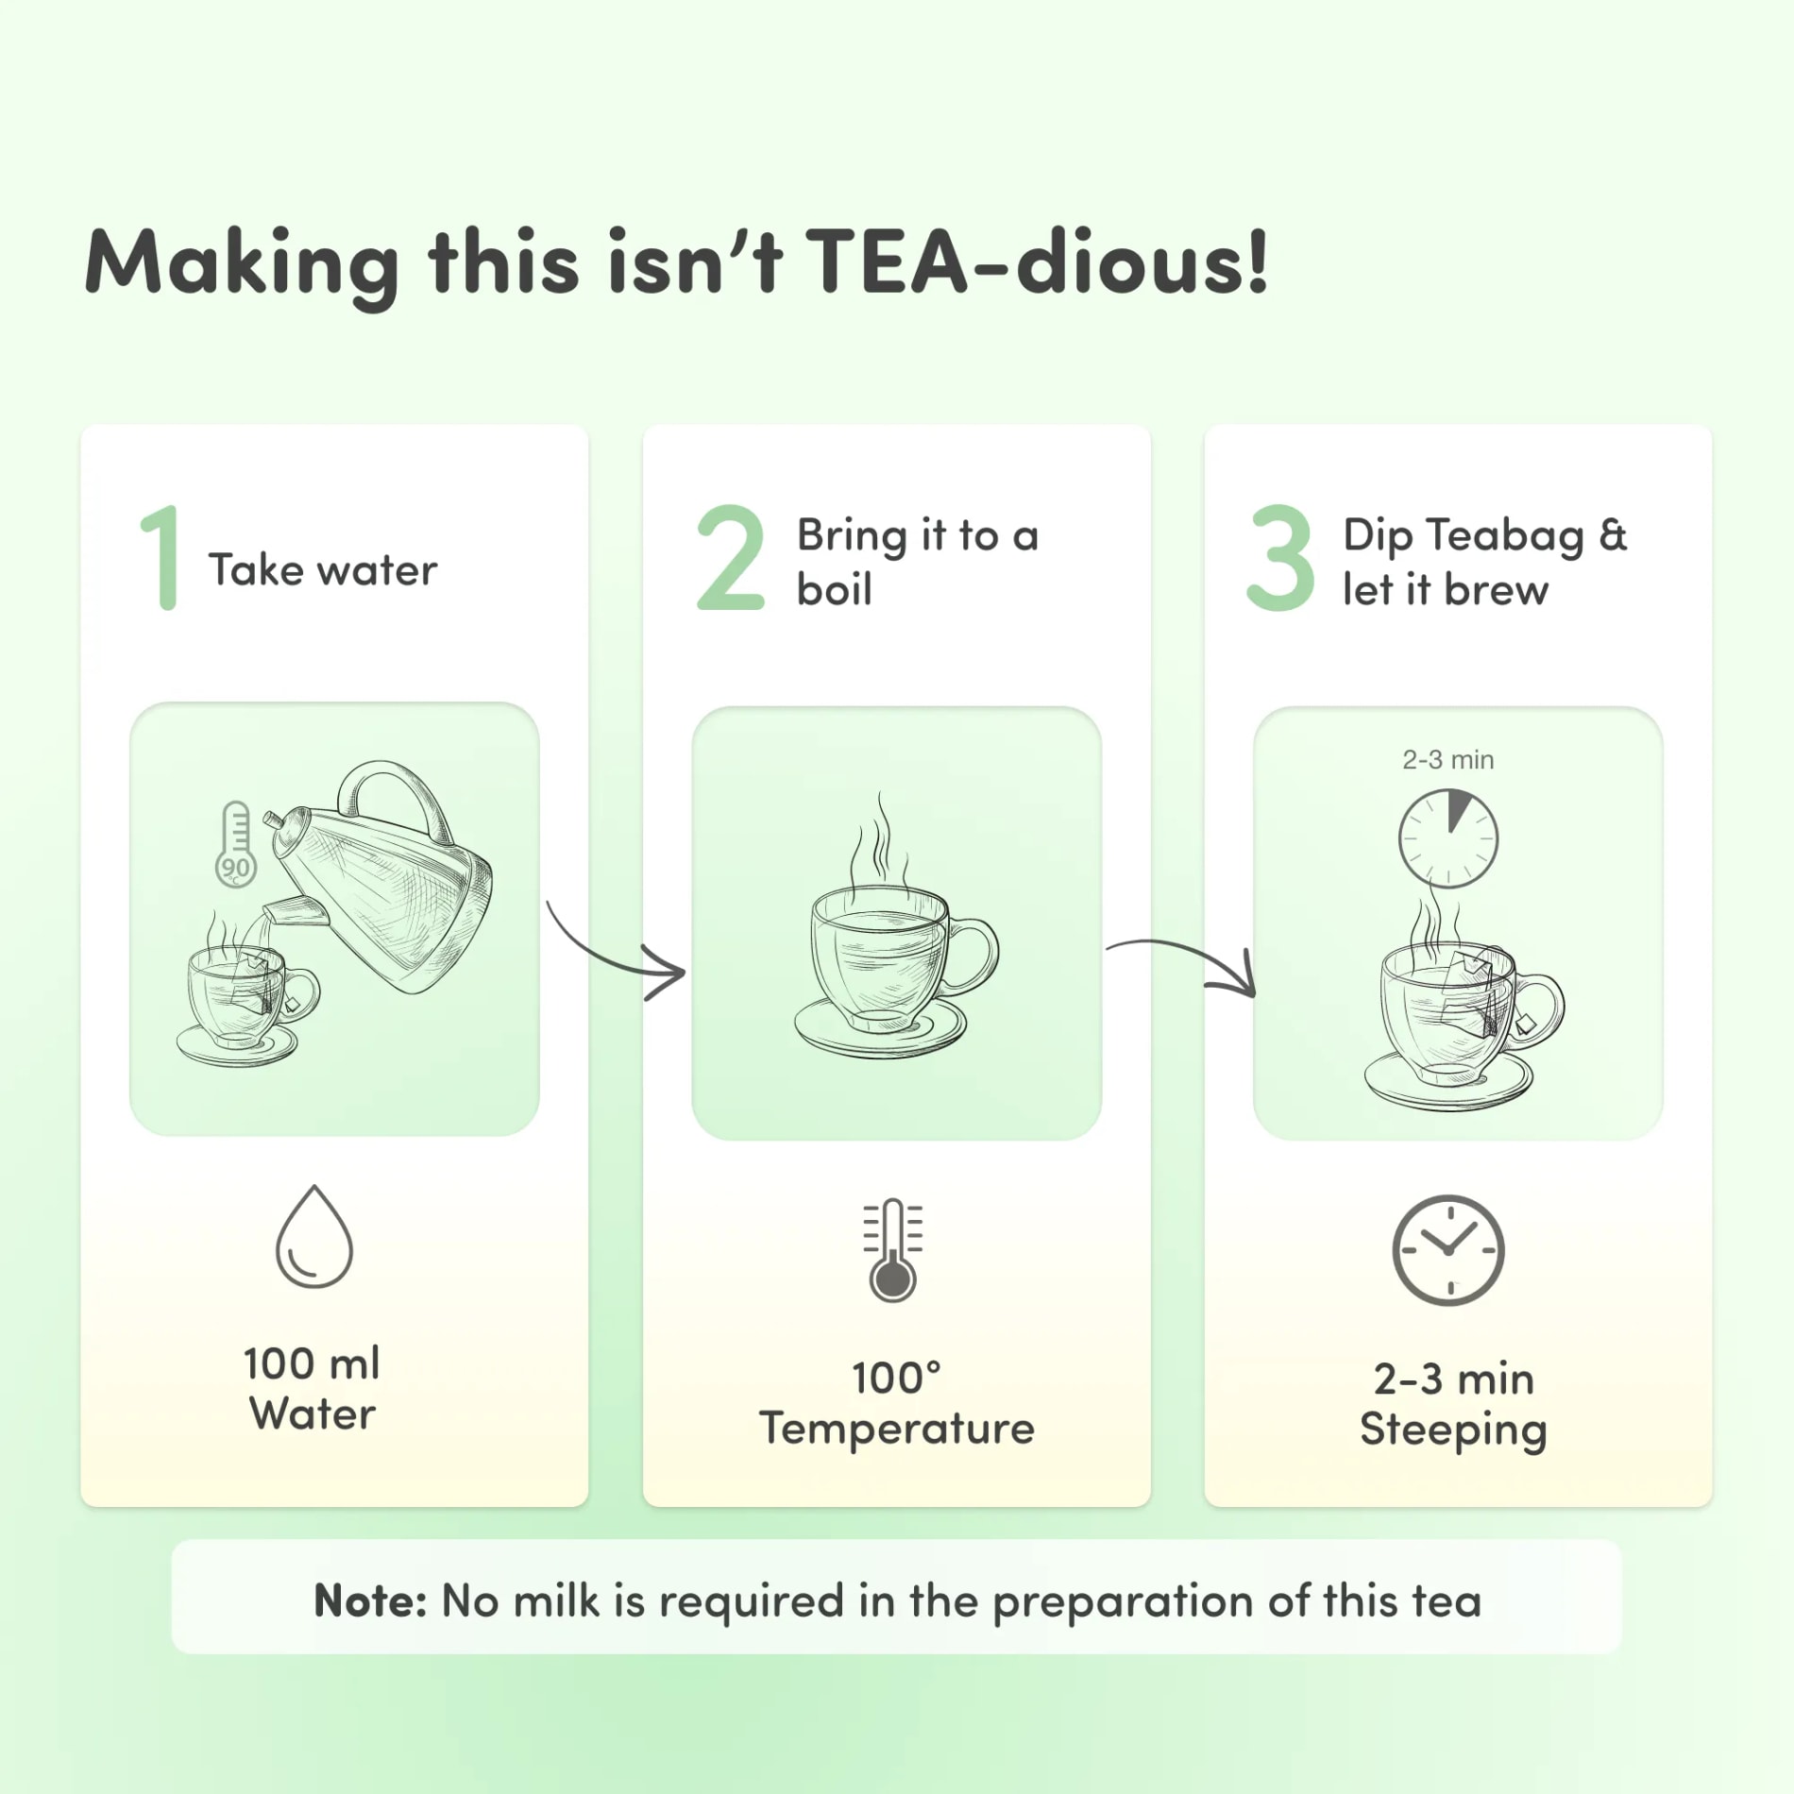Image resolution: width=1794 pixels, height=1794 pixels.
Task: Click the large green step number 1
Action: (161, 557)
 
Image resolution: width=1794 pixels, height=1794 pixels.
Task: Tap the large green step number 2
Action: (730, 557)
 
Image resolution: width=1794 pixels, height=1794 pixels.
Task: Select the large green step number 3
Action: (1280, 557)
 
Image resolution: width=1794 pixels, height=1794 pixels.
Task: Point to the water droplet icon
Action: (314, 1236)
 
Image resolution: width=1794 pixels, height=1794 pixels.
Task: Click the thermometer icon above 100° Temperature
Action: (892, 1250)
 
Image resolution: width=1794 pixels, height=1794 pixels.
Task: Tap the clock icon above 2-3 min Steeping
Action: (1447, 1250)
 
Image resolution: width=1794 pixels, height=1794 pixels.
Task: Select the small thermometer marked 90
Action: (235, 845)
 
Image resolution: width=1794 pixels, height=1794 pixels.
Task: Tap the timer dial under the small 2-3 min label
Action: (1447, 838)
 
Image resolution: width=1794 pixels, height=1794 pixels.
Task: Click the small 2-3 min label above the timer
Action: (1447, 759)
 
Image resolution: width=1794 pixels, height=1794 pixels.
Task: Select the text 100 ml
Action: (312, 1363)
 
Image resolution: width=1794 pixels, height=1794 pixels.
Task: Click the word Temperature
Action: (897, 1428)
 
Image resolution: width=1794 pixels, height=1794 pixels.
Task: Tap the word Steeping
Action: (1453, 1430)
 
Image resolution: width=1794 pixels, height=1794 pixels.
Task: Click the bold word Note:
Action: (370, 1601)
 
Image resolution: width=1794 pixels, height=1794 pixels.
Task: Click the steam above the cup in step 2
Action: (880, 840)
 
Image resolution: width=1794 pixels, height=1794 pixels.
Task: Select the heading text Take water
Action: (323, 570)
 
